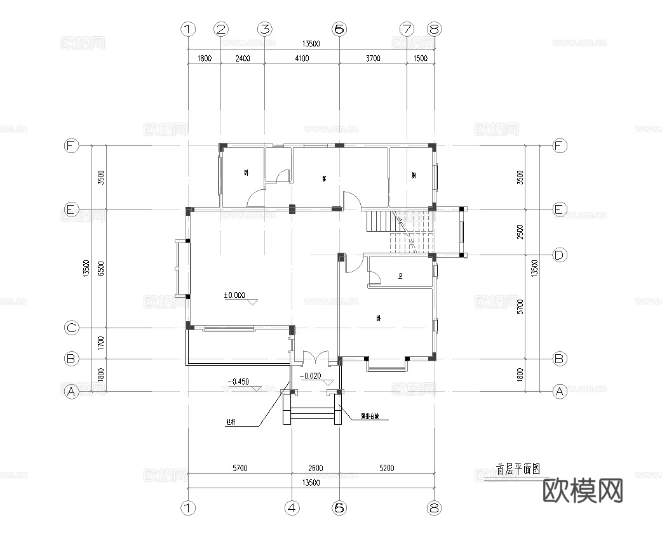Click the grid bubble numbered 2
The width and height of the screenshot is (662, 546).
coord(221,29)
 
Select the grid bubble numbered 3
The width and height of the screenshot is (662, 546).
coord(264,29)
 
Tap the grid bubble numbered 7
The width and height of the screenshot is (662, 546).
coord(407,29)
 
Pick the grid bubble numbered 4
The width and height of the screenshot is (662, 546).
coord(292,508)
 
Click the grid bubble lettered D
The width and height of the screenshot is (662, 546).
coord(559,255)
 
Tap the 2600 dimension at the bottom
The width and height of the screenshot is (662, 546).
coord(316,469)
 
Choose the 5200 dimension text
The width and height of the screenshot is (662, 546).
coord(386,469)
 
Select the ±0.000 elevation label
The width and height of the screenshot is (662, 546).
coord(234,295)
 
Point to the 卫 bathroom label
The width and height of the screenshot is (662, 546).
coord(400,276)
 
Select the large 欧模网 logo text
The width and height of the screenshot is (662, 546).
coord(583,491)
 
